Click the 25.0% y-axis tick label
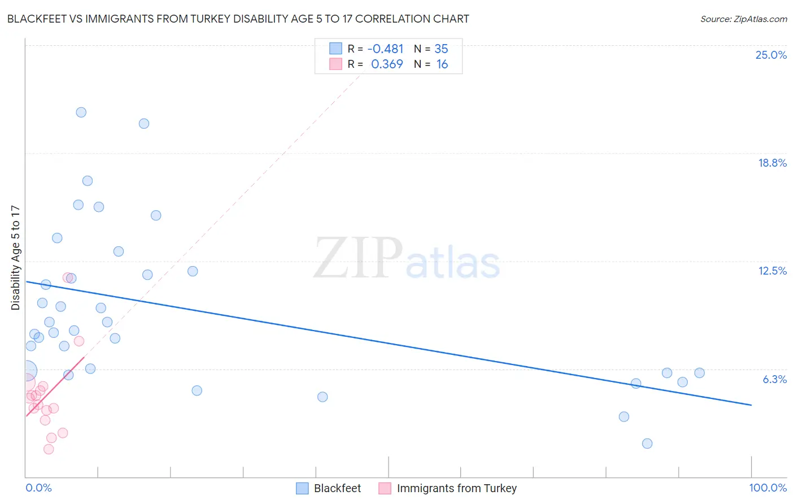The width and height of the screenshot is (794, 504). [x=771, y=55]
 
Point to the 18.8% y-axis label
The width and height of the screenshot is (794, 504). [x=772, y=163]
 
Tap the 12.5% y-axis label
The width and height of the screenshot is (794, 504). [x=772, y=271]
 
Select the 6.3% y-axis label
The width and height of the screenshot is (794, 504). [x=774, y=379]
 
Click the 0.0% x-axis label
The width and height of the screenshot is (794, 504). [x=38, y=488]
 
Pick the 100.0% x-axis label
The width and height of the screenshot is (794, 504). [x=767, y=488]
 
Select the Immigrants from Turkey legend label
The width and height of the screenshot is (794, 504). [x=456, y=488]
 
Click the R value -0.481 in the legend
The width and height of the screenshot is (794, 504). [x=385, y=49]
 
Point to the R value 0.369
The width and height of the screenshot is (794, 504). [x=387, y=64]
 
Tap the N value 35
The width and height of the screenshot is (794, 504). [x=441, y=49]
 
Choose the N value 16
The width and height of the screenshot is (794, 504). [x=442, y=64]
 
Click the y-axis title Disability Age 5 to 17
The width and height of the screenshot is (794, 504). [x=15, y=258]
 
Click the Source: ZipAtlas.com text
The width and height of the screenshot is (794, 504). [x=743, y=19]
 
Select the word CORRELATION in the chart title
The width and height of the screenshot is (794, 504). [x=392, y=19]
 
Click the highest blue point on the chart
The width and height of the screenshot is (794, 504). [x=81, y=112]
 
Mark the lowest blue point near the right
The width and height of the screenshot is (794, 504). [x=647, y=444]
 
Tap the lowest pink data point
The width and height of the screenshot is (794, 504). [x=49, y=449]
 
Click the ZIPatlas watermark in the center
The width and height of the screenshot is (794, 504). [x=407, y=259]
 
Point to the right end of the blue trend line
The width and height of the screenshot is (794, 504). [x=751, y=405]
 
